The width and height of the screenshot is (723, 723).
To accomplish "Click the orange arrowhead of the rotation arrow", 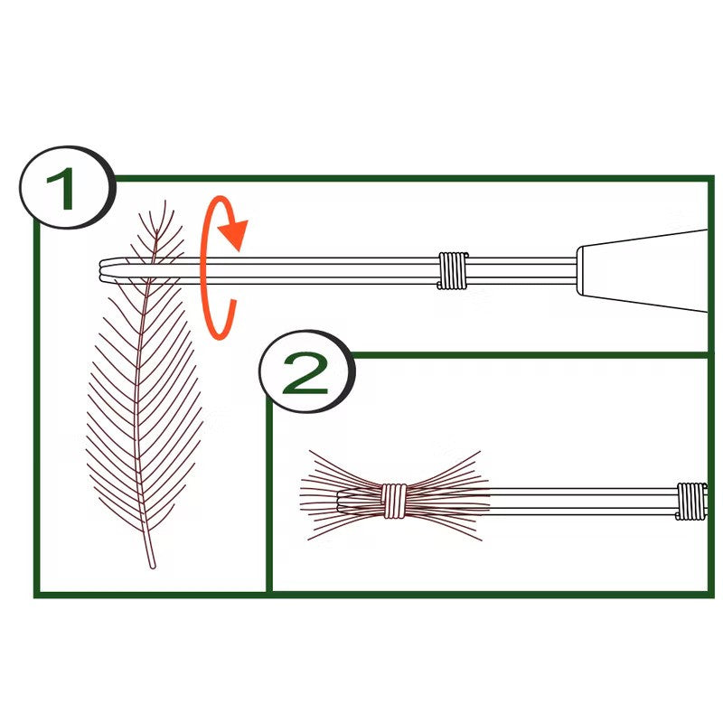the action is [x=235, y=233].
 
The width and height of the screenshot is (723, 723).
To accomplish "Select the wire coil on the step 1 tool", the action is [x=453, y=270].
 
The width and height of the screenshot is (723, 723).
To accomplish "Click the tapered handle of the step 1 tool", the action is [x=642, y=270].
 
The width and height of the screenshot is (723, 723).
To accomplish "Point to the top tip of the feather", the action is [x=164, y=202].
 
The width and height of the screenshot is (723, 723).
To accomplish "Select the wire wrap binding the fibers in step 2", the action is [x=394, y=501].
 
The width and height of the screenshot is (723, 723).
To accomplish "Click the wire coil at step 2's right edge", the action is [x=690, y=502].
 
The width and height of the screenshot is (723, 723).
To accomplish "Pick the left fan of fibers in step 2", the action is [x=342, y=495].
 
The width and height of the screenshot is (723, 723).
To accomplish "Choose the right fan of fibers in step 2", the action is [x=447, y=495].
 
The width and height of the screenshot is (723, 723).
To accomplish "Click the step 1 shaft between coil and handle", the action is [x=522, y=270].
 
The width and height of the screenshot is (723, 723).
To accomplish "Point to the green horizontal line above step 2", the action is [x=531, y=355].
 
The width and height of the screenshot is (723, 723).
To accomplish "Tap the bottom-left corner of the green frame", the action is [x=37, y=595].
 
